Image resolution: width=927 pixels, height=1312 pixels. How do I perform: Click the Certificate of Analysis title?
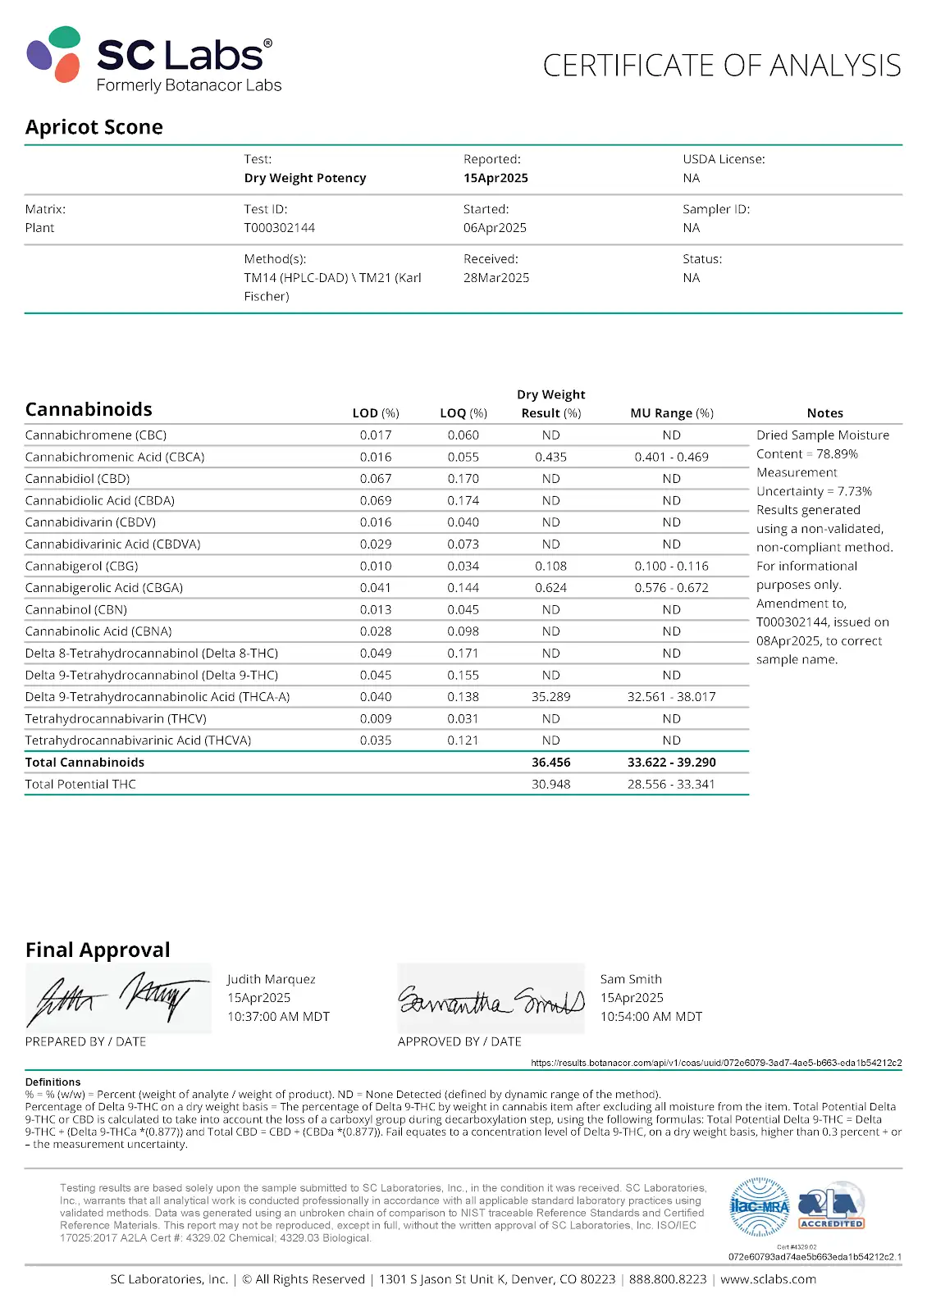[722, 66]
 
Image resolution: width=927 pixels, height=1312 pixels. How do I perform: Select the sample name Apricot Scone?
[94, 127]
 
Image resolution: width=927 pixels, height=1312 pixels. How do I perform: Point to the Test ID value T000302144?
[279, 228]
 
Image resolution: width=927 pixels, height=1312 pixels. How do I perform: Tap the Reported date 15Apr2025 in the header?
[495, 178]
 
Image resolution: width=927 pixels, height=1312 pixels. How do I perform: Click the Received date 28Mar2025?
[496, 278]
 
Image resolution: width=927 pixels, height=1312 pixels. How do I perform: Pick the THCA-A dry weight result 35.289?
[550, 697]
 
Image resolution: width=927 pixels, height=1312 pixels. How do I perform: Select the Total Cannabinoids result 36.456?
[550, 763]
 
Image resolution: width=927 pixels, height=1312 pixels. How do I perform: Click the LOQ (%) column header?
[463, 413]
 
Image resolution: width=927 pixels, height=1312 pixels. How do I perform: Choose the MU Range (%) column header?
[672, 413]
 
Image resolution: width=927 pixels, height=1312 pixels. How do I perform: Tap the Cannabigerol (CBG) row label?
[81, 566]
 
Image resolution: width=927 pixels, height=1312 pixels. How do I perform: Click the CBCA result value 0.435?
[550, 457]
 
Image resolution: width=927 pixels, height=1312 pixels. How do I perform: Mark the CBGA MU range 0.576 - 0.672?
[672, 588]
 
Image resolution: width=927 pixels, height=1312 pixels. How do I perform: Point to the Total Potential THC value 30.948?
[550, 785]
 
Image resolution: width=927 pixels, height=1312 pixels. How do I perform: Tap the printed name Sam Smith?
[631, 979]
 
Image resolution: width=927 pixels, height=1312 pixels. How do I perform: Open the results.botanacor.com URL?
[716, 1063]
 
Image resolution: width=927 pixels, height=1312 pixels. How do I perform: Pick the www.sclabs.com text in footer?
[768, 1279]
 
